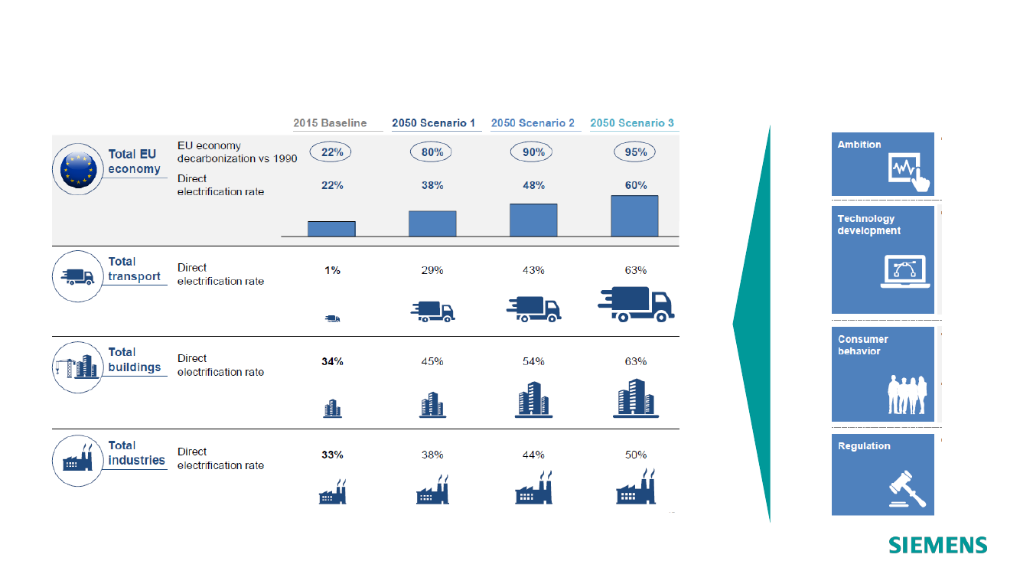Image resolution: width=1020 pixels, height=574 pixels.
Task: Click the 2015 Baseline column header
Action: coord(330,123)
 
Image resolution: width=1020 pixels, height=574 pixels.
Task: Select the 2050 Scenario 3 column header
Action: coord(632,123)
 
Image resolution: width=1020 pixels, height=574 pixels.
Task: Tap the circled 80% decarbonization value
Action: coord(431,152)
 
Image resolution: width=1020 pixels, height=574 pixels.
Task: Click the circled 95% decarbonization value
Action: coord(635,152)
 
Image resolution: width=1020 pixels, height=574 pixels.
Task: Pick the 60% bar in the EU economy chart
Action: coord(634,216)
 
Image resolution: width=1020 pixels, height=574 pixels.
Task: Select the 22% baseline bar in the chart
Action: coord(331,229)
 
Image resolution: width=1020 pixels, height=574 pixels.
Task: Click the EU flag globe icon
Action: coord(78,169)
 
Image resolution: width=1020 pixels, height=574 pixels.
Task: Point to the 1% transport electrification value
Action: coord(332,270)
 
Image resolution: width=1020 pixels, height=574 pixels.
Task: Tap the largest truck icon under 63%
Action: coord(636,305)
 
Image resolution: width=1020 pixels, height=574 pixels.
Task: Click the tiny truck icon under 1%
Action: coord(332,318)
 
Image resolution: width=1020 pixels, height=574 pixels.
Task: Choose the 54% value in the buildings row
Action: coord(533,361)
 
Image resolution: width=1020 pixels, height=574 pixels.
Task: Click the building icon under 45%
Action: coord(432,405)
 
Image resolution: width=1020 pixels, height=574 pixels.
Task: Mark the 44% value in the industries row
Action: coord(533,455)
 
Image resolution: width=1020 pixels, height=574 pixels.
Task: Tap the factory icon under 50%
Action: coord(636,487)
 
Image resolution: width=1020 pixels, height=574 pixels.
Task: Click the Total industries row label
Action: coord(136,453)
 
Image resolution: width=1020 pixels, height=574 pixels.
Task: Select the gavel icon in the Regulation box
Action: coord(908,489)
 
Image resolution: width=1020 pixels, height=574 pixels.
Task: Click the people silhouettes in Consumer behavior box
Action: coord(907,394)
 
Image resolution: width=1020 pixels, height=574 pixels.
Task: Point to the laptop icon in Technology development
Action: coord(904,272)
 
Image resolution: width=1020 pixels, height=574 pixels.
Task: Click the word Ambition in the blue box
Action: coord(859,145)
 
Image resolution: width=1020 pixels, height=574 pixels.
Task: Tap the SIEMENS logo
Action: coord(937,545)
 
